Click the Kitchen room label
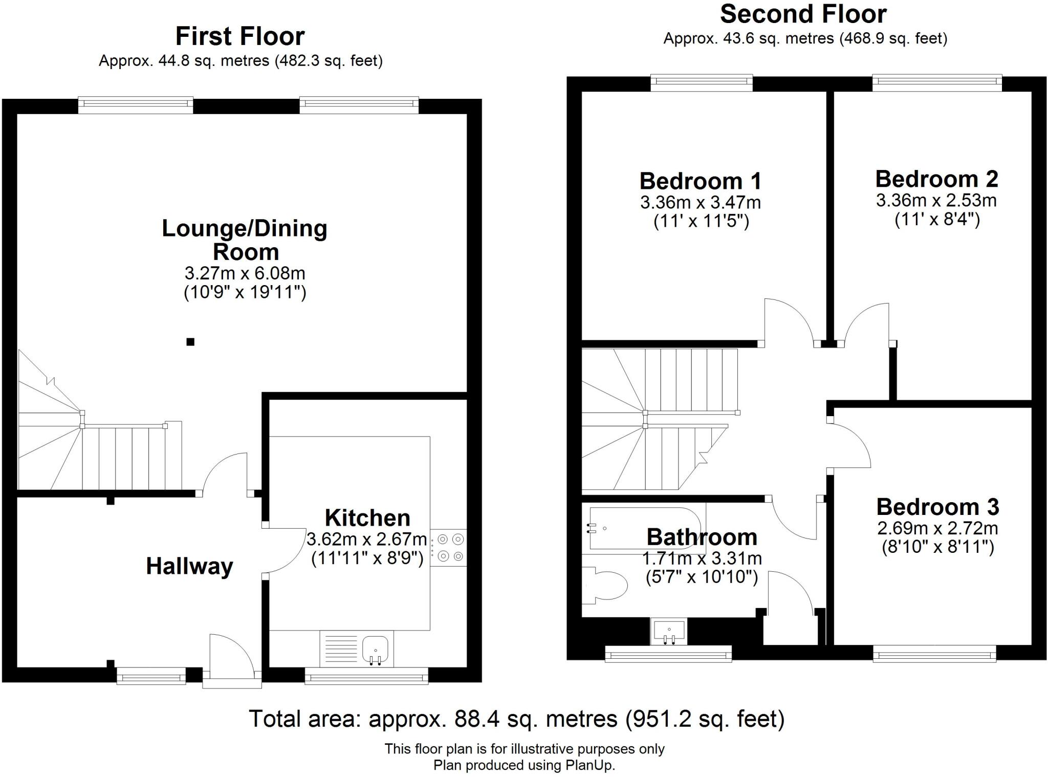tap(367, 518)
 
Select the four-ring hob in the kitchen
tap(449, 547)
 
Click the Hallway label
tap(189, 566)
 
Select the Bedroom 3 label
tap(937, 507)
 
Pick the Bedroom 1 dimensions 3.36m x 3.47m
tap(701, 203)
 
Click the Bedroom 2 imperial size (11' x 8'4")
tap(937, 220)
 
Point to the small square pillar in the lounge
tap(190, 342)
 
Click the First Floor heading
tap(240, 36)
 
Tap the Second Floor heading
tap(803, 14)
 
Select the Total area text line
tap(516, 719)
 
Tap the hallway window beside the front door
tap(151, 676)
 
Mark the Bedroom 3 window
tap(934, 654)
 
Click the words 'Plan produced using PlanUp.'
tap(524, 765)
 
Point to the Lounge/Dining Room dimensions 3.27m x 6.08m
tap(245, 273)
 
